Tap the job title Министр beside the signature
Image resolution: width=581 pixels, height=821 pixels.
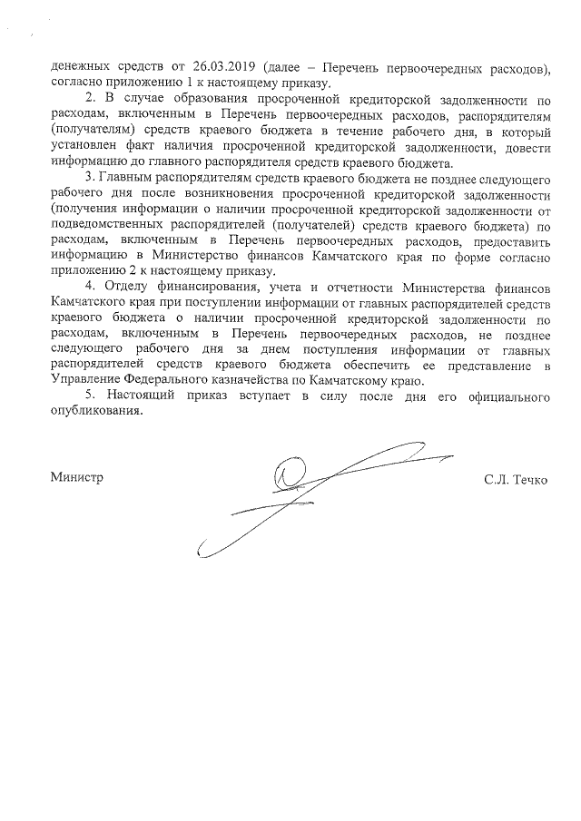click(x=78, y=477)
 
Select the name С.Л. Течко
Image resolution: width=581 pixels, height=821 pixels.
click(x=516, y=478)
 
